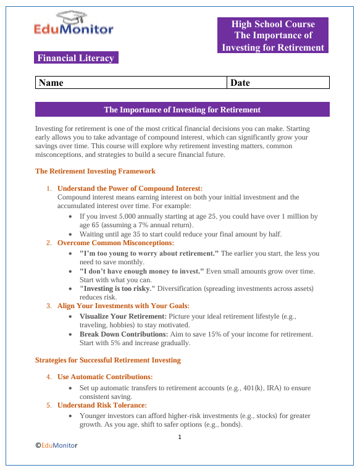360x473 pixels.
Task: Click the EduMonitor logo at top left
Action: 73,25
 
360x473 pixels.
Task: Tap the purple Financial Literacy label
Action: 76,58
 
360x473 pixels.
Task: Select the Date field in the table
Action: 278,83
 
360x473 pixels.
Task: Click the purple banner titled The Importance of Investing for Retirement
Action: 182,110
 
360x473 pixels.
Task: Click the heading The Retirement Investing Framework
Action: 95,171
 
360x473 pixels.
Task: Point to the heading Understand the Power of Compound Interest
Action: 130,188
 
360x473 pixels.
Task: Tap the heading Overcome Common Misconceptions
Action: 115,243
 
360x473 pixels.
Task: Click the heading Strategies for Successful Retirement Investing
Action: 107,360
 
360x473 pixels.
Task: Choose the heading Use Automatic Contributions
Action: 105,377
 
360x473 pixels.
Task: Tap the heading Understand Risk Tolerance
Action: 102,405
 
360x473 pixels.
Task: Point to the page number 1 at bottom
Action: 180,438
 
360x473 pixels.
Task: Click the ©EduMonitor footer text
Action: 56,445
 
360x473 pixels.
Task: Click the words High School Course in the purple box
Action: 273,24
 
